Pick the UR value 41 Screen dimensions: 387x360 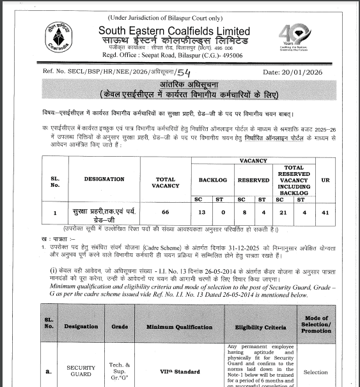[325, 212]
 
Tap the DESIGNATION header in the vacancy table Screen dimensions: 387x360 [105, 179]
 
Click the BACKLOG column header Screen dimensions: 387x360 [212, 180]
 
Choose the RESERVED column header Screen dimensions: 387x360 [253, 180]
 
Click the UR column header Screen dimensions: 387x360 [325, 180]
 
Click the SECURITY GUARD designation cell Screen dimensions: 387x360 [81, 371]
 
